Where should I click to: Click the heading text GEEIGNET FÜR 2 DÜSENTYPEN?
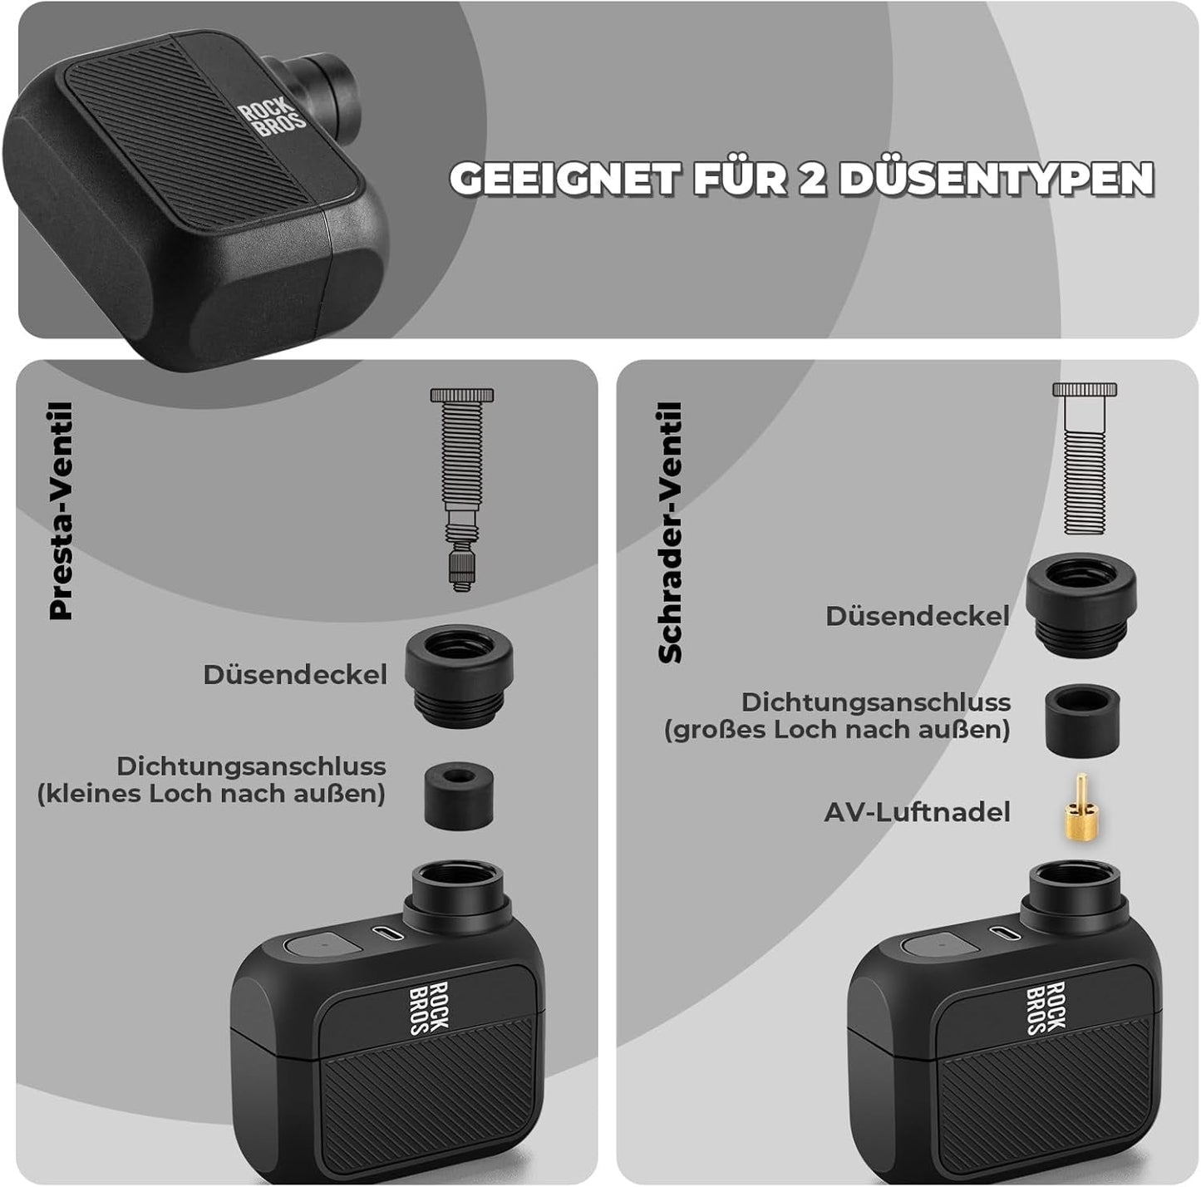click(x=801, y=178)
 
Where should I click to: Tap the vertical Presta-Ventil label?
click(x=62, y=511)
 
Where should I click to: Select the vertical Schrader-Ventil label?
click(x=669, y=532)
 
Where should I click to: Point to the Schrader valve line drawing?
click(x=1085, y=458)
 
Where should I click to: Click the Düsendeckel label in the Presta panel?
click(x=295, y=674)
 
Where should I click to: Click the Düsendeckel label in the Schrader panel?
click(x=918, y=616)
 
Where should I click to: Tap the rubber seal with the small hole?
click(x=455, y=795)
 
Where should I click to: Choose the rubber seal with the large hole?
click(x=1080, y=719)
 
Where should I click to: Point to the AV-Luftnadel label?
click(x=917, y=812)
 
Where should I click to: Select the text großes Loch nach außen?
click(x=837, y=731)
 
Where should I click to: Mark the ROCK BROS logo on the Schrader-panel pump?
click(x=1046, y=1007)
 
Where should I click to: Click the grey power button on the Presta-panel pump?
click(x=321, y=945)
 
